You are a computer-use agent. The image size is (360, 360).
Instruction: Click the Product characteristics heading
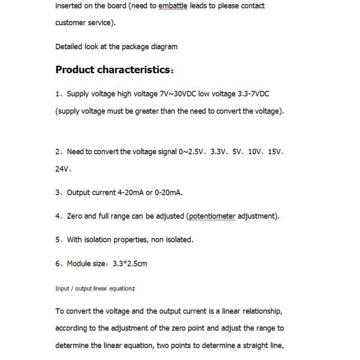(x=113, y=70)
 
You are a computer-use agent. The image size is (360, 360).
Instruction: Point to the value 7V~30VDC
(x=176, y=94)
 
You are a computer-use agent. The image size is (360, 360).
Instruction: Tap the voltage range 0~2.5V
(x=192, y=152)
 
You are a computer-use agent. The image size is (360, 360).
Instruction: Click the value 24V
(x=62, y=169)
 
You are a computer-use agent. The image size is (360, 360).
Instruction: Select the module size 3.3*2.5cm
(x=130, y=263)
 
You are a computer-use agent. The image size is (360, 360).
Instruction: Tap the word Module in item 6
(x=79, y=263)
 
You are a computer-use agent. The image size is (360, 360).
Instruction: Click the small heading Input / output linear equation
(x=95, y=289)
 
